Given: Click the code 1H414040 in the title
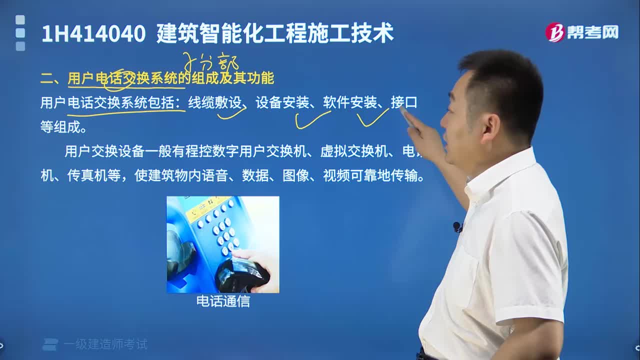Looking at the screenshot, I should coord(93,33).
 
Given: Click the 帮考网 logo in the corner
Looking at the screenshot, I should coord(582,32).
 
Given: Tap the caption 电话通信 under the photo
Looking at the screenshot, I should coord(223,301).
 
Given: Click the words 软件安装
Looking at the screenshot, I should coord(349,103).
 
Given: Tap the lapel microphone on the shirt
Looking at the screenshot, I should coord(457,227).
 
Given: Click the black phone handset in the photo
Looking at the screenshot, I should coord(242,275).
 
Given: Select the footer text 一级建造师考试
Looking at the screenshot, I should coord(105,344).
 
